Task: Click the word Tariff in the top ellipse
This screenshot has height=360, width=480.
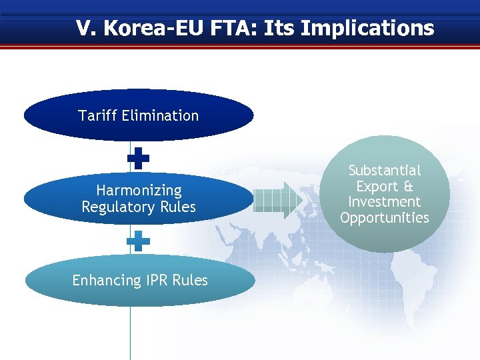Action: pyautogui.click(x=96, y=116)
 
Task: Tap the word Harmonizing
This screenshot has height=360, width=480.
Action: pyautogui.click(x=139, y=191)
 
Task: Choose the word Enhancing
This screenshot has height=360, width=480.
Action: pyautogui.click(x=105, y=281)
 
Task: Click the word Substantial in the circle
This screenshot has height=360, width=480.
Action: pyautogui.click(x=385, y=171)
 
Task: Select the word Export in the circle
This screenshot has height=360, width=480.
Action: pyautogui.click(x=376, y=187)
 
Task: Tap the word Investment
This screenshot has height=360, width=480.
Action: pyautogui.click(x=385, y=202)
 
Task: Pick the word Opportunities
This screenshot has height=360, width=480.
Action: pyautogui.click(x=385, y=218)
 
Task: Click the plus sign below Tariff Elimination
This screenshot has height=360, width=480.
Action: pyautogui.click(x=139, y=158)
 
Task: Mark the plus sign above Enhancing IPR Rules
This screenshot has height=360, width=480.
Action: pyautogui.click(x=139, y=241)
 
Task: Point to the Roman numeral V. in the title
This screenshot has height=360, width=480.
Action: pyautogui.click(x=84, y=29)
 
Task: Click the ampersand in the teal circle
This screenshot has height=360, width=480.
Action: pyautogui.click(x=407, y=187)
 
